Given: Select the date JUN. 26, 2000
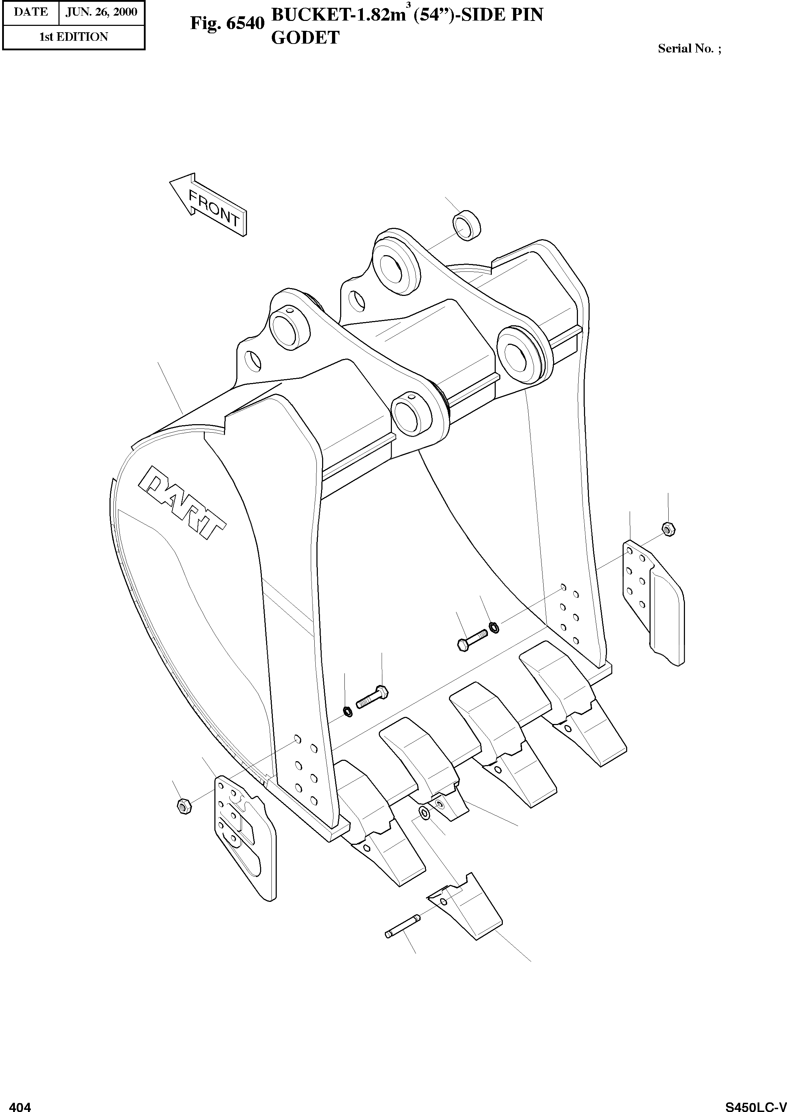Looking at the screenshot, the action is click(101, 12).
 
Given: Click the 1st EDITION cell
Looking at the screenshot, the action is click(74, 37).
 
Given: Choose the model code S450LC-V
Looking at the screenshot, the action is click(755, 1105).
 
